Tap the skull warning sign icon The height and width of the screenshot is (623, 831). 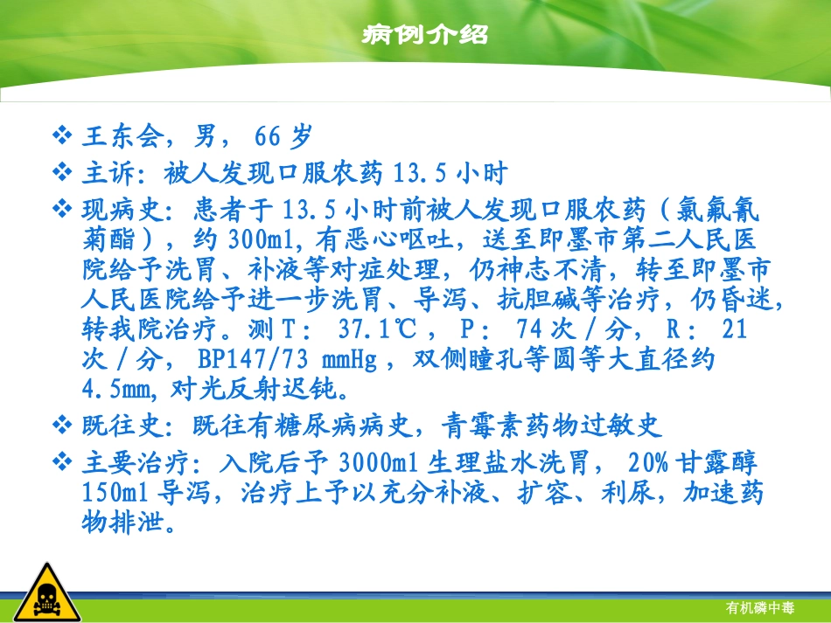(35, 590)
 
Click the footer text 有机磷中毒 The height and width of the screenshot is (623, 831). (759, 607)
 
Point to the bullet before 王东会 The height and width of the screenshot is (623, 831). (64, 137)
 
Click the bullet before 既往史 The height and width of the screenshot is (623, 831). (64, 426)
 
